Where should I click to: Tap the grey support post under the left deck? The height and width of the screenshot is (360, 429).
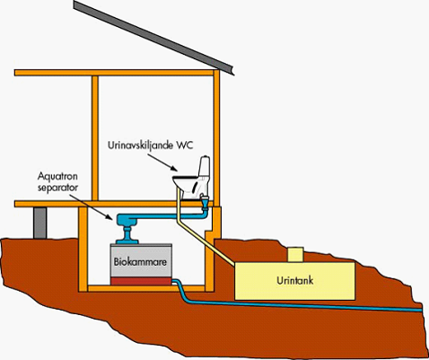[x=41, y=224]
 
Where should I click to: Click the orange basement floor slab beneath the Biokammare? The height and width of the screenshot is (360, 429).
[x=148, y=290]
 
